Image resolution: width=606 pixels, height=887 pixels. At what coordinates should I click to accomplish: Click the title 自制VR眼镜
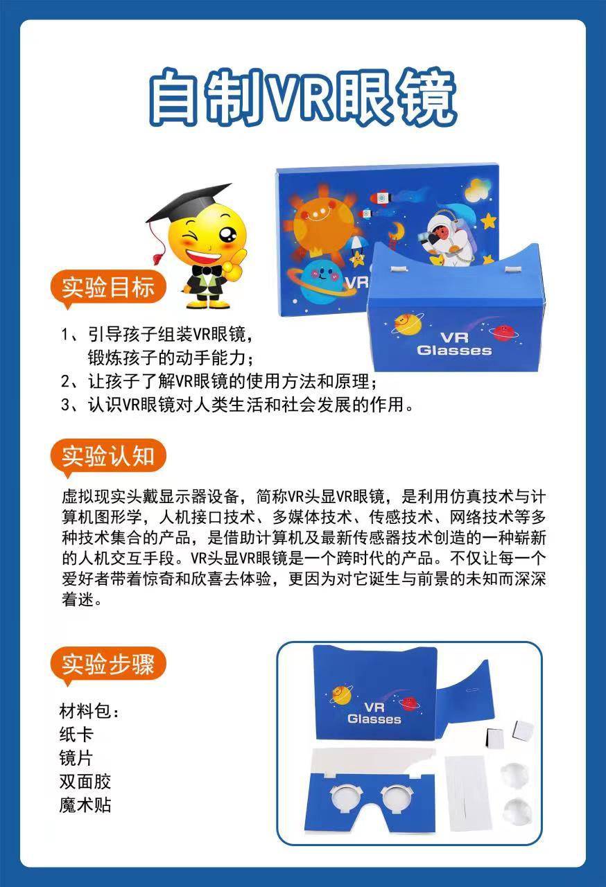[x=303, y=97]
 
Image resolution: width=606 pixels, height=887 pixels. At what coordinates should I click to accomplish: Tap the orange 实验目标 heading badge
[x=107, y=287]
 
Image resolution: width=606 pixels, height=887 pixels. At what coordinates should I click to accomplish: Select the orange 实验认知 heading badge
[x=107, y=456]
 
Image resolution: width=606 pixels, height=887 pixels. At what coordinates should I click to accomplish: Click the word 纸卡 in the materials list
[x=76, y=735]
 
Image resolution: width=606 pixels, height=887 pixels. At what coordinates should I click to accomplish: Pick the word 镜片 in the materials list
[x=76, y=758]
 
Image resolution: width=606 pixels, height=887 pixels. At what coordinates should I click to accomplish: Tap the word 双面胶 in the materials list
[x=85, y=782]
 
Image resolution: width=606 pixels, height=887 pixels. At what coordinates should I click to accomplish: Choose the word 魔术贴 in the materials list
[x=85, y=805]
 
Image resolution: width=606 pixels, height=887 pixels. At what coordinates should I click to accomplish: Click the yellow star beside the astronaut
[x=489, y=220]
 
